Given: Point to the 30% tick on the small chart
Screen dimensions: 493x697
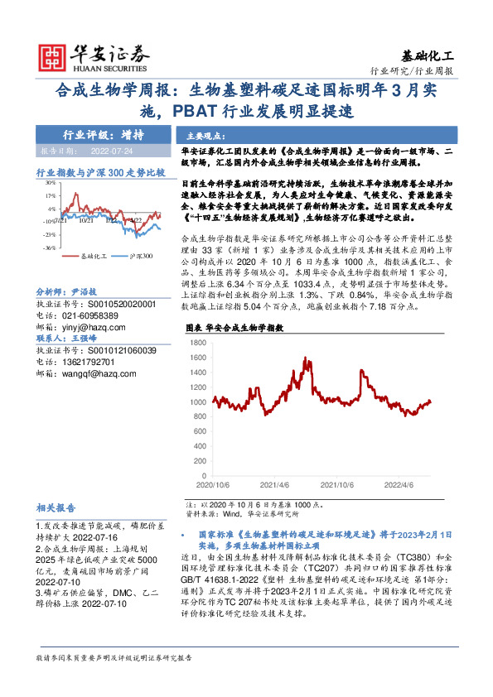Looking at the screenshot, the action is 51,183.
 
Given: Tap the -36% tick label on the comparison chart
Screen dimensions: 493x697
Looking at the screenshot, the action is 51,248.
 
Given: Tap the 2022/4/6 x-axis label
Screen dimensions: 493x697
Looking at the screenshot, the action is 404,487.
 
